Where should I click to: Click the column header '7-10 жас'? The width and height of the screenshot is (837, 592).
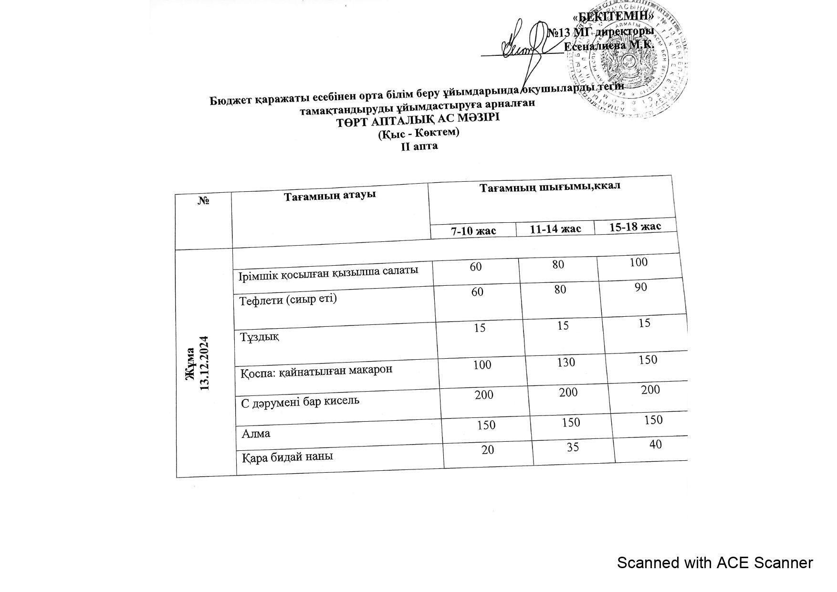point(473,231)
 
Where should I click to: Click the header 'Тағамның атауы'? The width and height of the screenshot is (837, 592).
point(330,195)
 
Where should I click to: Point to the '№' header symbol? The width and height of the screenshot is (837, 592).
point(204,200)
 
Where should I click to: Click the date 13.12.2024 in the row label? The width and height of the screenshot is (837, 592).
point(205,363)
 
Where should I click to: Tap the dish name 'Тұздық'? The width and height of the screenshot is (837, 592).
point(259,337)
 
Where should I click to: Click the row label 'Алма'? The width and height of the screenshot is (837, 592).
point(256,434)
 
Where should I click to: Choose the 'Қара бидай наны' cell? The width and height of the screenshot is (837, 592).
point(287,457)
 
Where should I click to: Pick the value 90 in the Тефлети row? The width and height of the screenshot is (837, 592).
point(641,287)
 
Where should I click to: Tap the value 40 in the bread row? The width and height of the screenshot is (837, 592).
point(656,444)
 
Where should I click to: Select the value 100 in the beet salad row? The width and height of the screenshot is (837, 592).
point(638,262)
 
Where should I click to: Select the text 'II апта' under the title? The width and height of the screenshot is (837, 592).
point(419,146)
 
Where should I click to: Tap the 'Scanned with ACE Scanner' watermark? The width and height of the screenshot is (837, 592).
point(714,563)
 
